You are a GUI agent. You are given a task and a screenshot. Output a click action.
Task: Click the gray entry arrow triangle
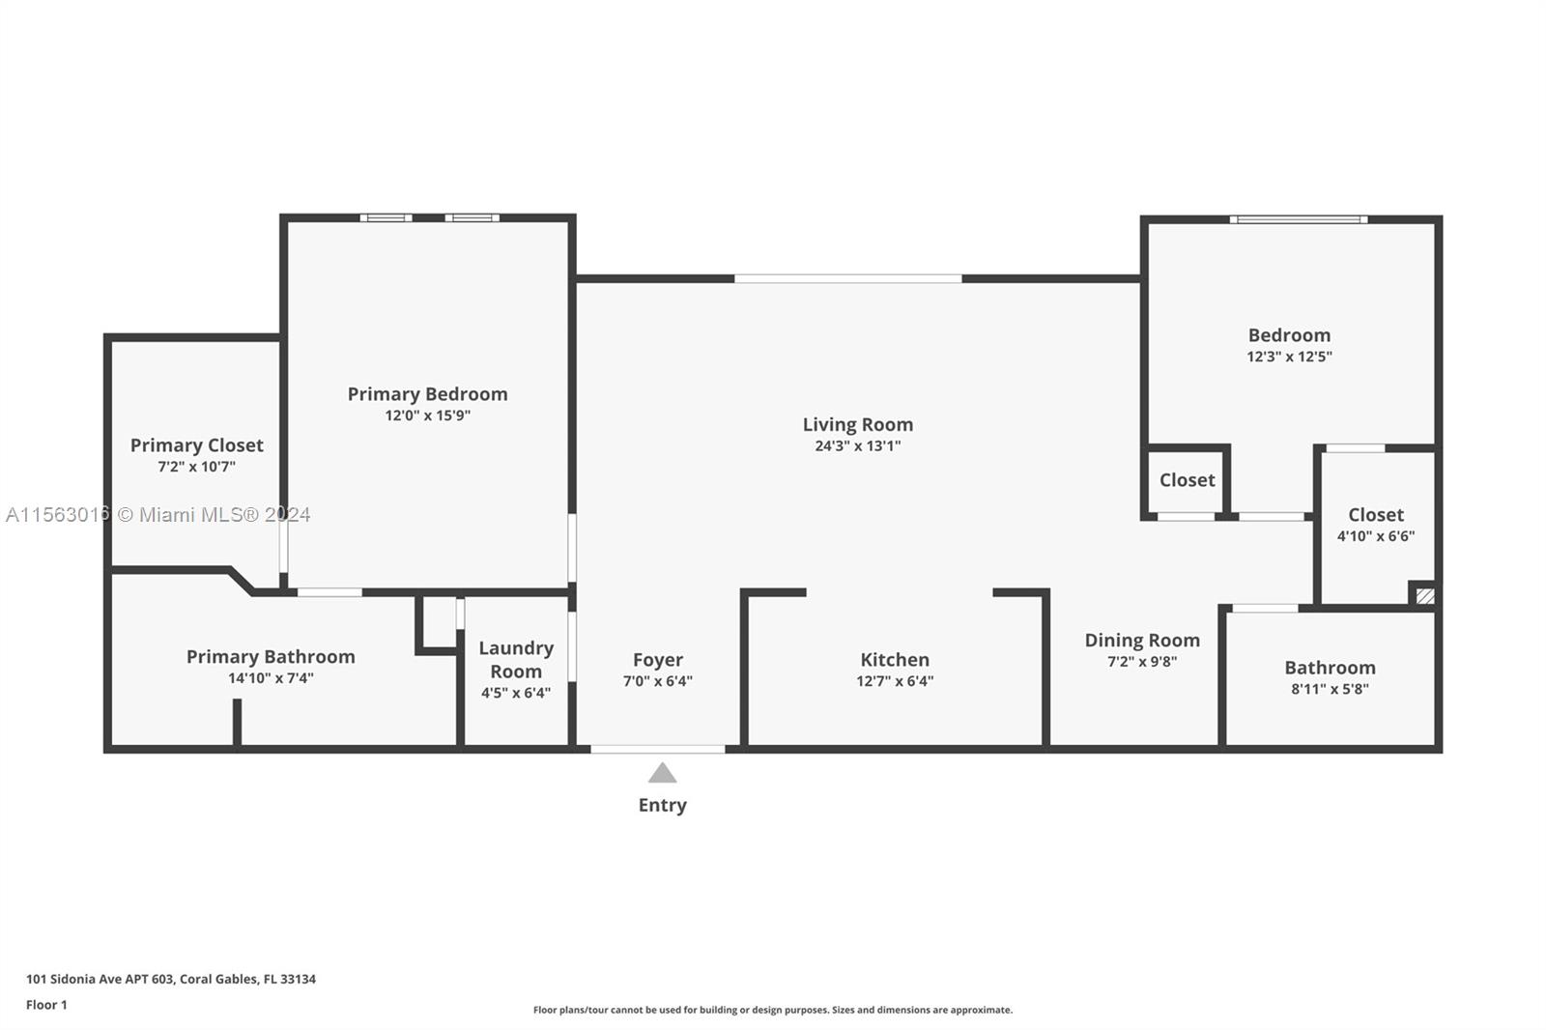tap(662, 774)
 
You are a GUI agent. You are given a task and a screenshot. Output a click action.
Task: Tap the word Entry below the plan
tap(662, 805)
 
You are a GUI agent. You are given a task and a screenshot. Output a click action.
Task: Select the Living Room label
tap(857, 424)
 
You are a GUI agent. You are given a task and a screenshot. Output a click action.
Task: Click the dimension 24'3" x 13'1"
tap(857, 445)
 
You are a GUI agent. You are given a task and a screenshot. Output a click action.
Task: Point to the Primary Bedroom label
tap(427, 394)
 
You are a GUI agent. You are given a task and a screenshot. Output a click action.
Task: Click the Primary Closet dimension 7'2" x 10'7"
tap(196, 467)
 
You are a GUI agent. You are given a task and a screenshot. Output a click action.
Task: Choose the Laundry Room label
tap(516, 660)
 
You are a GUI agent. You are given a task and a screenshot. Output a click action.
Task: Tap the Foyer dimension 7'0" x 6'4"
tap(657, 681)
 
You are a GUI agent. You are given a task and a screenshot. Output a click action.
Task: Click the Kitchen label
tap(895, 660)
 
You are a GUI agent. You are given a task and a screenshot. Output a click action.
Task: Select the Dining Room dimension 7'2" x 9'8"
tap(1142, 662)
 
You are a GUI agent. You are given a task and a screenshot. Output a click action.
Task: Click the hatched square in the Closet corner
tap(1424, 596)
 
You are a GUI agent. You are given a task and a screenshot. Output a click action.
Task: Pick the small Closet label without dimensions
tap(1187, 480)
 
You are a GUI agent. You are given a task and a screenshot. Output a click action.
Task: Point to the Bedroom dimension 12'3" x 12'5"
tap(1289, 357)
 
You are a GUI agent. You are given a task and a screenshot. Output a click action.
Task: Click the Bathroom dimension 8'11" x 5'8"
tap(1330, 689)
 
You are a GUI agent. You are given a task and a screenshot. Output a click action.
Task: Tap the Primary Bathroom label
tap(271, 657)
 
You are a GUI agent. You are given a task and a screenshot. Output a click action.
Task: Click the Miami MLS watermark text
tap(157, 515)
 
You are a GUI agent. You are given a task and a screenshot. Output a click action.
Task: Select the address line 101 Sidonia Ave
tap(171, 979)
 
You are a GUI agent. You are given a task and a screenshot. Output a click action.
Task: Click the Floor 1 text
tap(46, 1005)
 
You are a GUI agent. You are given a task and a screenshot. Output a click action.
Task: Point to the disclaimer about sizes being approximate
tap(773, 1010)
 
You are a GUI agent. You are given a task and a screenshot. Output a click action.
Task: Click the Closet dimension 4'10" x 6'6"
tap(1375, 536)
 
